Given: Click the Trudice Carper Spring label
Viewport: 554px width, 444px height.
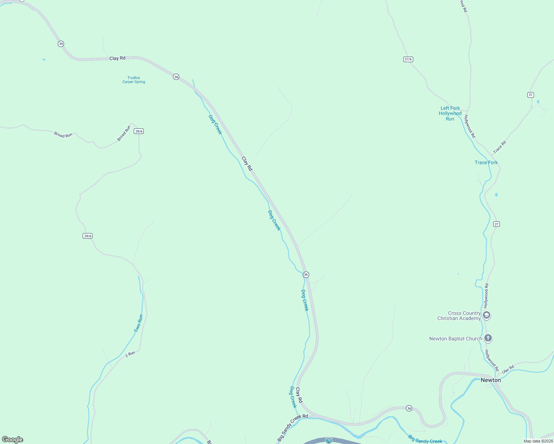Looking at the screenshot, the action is click(x=134, y=80).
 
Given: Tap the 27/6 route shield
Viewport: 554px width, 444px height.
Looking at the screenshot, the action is click(x=408, y=59).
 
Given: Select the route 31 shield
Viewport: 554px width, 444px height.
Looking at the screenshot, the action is click(x=531, y=95).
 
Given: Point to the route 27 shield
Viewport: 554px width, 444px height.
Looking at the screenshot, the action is click(x=497, y=224).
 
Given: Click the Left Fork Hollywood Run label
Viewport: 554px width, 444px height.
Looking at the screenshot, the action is click(x=450, y=114).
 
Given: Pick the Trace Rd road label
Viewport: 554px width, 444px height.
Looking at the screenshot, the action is click(x=500, y=147).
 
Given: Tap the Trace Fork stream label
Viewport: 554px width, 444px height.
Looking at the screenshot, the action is click(x=486, y=162).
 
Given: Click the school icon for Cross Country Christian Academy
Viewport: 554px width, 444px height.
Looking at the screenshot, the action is click(x=487, y=315).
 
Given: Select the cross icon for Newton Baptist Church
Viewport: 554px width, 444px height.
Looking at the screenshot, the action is click(x=488, y=338).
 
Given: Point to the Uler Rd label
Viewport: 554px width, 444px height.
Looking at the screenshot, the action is click(x=508, y=369).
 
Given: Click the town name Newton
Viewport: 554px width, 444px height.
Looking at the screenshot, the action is click(x=491, y=380).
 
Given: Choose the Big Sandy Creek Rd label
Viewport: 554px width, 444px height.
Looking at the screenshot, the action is click(x=293, y=428).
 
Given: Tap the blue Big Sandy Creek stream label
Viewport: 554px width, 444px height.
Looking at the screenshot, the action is click(x=425, y=440).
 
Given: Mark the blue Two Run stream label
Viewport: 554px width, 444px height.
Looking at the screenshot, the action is click(x=138, y=323).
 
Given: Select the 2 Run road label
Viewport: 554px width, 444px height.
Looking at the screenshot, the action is click(x=130, y=354).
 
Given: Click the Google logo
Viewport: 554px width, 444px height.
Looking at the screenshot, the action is click(x=13, y=440).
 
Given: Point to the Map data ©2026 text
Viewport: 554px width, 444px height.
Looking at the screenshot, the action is click(x=538, y=441).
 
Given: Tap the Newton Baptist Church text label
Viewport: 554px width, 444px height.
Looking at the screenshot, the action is click(x=455, y=339).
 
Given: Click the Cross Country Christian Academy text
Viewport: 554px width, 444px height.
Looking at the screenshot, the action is click(x=459, y=316).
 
